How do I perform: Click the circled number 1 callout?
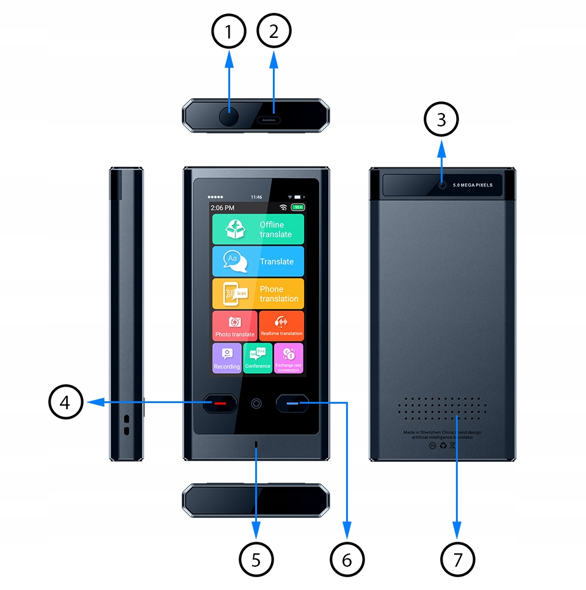[x=229, y=31]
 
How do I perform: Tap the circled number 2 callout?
[x=274, y=31]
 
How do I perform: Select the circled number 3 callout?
[x=441, y=120]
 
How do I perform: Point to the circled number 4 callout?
[x=66, y=402]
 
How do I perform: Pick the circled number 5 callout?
[x=256, y=558]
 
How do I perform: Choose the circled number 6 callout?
[x=347, y=558]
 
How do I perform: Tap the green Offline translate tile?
[x=258, y=229]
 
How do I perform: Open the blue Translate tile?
[x=258, y=261]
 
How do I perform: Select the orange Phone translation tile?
[x=258, y=294]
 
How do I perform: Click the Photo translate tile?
[x=234, y=326]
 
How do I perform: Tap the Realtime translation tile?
[x=281, y=326]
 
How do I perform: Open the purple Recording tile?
[x=226, y=358]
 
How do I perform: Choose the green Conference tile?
[x=258, y=358]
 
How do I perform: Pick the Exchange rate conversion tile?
[x=289, y=358]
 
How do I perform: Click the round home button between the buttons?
[x=256, y=403]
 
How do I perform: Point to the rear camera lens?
[x=442, y=184]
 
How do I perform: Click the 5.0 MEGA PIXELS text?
[x=472, y=184]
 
